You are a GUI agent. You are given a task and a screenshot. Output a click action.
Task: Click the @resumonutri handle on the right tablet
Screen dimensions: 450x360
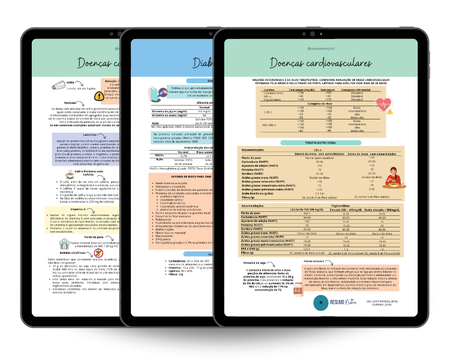tap(322, 47)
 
